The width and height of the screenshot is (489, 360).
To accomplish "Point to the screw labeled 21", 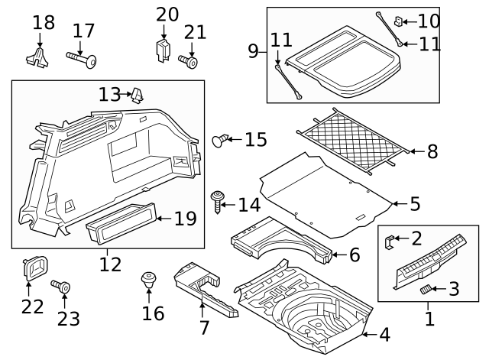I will [189, 60].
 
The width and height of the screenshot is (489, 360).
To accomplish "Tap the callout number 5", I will [415, 204].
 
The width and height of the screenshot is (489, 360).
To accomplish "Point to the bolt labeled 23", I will [61, 287].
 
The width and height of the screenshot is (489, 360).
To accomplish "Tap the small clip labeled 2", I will [389, 242].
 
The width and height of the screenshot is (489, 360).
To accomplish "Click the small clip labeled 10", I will [400, 21].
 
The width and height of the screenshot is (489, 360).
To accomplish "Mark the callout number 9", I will [253, 52].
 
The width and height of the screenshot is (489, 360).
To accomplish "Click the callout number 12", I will [110, 264].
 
